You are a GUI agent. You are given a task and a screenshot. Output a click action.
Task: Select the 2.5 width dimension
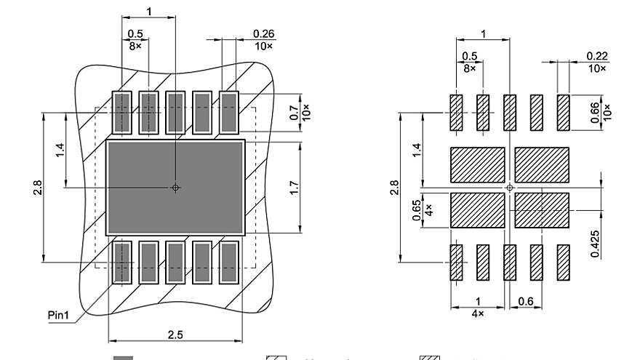(x=175, y=334)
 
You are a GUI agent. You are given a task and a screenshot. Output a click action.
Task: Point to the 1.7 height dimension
(x=294, y=188)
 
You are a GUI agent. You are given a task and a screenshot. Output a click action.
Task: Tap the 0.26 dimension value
(x=263, y=33)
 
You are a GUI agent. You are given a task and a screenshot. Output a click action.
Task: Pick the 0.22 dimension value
(x=596, y=56)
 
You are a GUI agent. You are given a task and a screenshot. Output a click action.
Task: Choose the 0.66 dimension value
(x=596, y=113)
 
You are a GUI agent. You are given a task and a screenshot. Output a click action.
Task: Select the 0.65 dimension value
(x=417, y=209)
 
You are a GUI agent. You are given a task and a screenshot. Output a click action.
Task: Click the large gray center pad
(x=175, y=188)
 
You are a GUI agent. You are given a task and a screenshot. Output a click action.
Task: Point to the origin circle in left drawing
(x=175, y=188)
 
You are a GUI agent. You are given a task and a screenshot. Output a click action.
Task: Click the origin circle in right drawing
(x=510, y=188)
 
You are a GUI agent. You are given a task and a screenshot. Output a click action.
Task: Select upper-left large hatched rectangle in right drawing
(x=478, y=164)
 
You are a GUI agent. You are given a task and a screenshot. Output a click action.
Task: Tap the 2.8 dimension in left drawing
(x=37, y=188)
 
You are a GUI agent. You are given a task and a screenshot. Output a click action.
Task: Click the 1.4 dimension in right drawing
(x=417, y=151)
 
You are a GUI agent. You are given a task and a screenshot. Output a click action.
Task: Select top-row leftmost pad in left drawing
(x=121, y=113)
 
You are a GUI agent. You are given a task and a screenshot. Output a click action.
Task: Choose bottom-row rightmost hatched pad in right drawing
(x=563, y=262)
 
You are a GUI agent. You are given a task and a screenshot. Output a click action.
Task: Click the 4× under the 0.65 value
(x=428, y=209)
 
